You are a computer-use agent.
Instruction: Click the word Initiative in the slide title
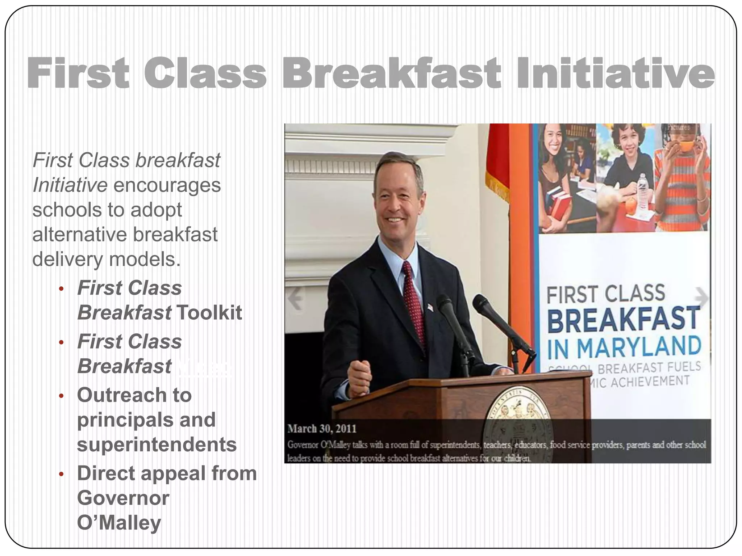(615, 73)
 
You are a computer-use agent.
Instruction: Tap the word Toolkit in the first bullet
(209, 312)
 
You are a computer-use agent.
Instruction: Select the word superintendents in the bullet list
(157, 445)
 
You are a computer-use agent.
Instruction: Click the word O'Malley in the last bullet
(119, 523)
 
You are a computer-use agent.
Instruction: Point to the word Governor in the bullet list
(123, 498)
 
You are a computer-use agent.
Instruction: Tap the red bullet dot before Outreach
(61, 396)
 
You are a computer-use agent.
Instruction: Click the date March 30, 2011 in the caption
(322, 429)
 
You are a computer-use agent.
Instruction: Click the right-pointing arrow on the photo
(701, 298)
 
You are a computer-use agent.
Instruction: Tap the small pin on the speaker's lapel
(430, 307)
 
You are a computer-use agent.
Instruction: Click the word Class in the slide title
(205, 73)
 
